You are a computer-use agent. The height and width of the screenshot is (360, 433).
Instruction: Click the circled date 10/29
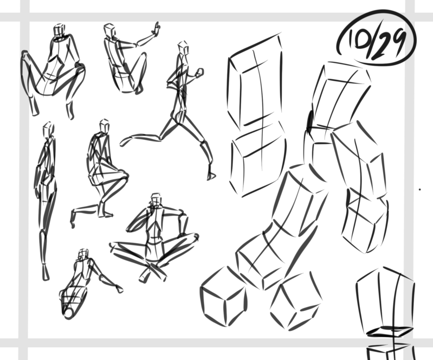click(376, 39)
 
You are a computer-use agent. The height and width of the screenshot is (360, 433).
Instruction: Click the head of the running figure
click(183, 47)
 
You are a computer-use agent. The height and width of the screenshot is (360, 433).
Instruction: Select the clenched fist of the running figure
click(199, 73)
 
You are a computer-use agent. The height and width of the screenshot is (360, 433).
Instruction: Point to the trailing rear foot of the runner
click(124, 141)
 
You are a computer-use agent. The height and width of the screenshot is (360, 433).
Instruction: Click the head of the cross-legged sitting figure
click(156, 200)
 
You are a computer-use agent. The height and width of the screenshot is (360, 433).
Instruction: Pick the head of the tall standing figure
click(48, 128)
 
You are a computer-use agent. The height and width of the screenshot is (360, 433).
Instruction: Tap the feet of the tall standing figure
click(46, 272)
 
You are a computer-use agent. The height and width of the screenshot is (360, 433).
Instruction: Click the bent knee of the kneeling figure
click(124, 176)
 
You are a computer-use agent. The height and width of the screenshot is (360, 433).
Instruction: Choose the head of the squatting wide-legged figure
click(60, 30)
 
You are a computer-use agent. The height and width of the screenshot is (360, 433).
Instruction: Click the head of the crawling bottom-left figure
click(83, 254)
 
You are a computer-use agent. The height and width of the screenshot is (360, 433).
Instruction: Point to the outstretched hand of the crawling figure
click(119, 289)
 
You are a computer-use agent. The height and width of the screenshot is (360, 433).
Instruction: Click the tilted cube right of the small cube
click(296, 301)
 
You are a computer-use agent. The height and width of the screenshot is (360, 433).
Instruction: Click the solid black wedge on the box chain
click(310, 121)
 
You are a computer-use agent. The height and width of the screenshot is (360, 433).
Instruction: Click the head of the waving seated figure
click(109, 30)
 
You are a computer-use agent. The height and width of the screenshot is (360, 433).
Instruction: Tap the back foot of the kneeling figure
click(73, 219)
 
